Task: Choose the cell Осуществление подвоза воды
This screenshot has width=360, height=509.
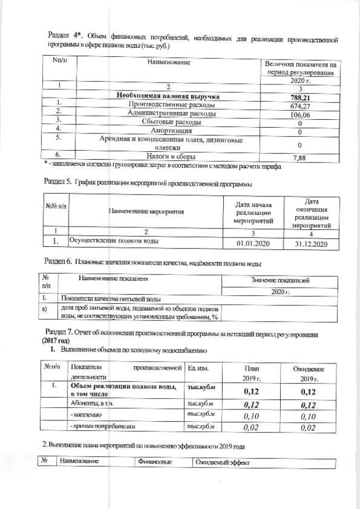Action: (x=113, y=241)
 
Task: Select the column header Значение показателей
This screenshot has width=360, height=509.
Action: (x=280, y=281)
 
